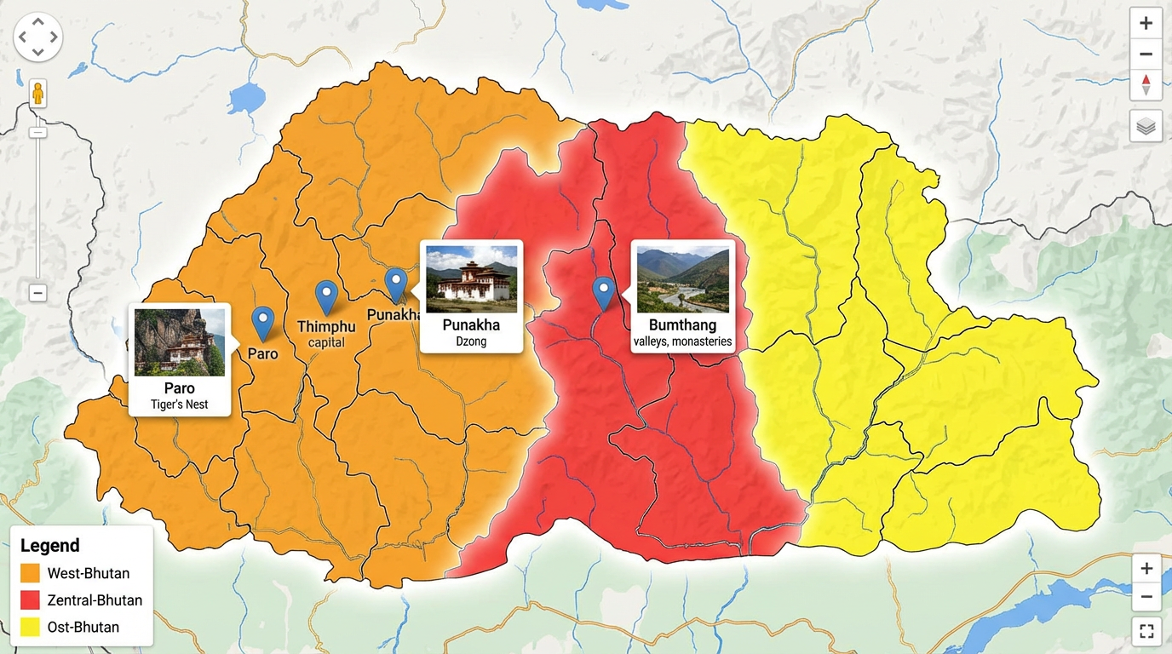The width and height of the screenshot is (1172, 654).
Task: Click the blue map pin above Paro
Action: click(x=263, y=321)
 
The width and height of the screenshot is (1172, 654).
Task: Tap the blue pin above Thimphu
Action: click(x=326, y=295)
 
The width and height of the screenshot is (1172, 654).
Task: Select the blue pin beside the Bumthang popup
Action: click(x=603, y=291)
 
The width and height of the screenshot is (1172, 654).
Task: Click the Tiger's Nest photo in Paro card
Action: click(x=180, y=341)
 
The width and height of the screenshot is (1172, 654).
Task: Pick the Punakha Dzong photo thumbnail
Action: click(x=471, y=279)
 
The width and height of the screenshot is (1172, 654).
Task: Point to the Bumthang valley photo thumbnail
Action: click(x=682, y=280)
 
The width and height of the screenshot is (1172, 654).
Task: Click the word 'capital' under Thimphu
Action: click(x=325, y=342)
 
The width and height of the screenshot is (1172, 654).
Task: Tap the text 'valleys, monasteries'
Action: click(x=682, y=341)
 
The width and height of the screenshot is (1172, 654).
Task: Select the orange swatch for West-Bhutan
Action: click(x=30, y=573)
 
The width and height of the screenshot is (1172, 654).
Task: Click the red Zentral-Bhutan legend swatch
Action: click(x=30, y=600)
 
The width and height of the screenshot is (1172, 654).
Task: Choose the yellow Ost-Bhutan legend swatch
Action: click(x=30, y=628)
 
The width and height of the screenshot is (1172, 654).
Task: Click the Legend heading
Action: click(x=50, y=546)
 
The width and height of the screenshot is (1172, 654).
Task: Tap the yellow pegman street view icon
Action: click(x=37, y=93)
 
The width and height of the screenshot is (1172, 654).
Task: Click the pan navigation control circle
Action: click(x=37, y=37)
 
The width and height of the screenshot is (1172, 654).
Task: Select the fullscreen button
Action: click(x=1146, y=631)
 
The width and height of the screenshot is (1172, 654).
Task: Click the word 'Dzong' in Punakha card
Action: click(x=471, y=341)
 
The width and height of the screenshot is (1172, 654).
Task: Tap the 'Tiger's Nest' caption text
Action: click(x=180, y=404)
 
